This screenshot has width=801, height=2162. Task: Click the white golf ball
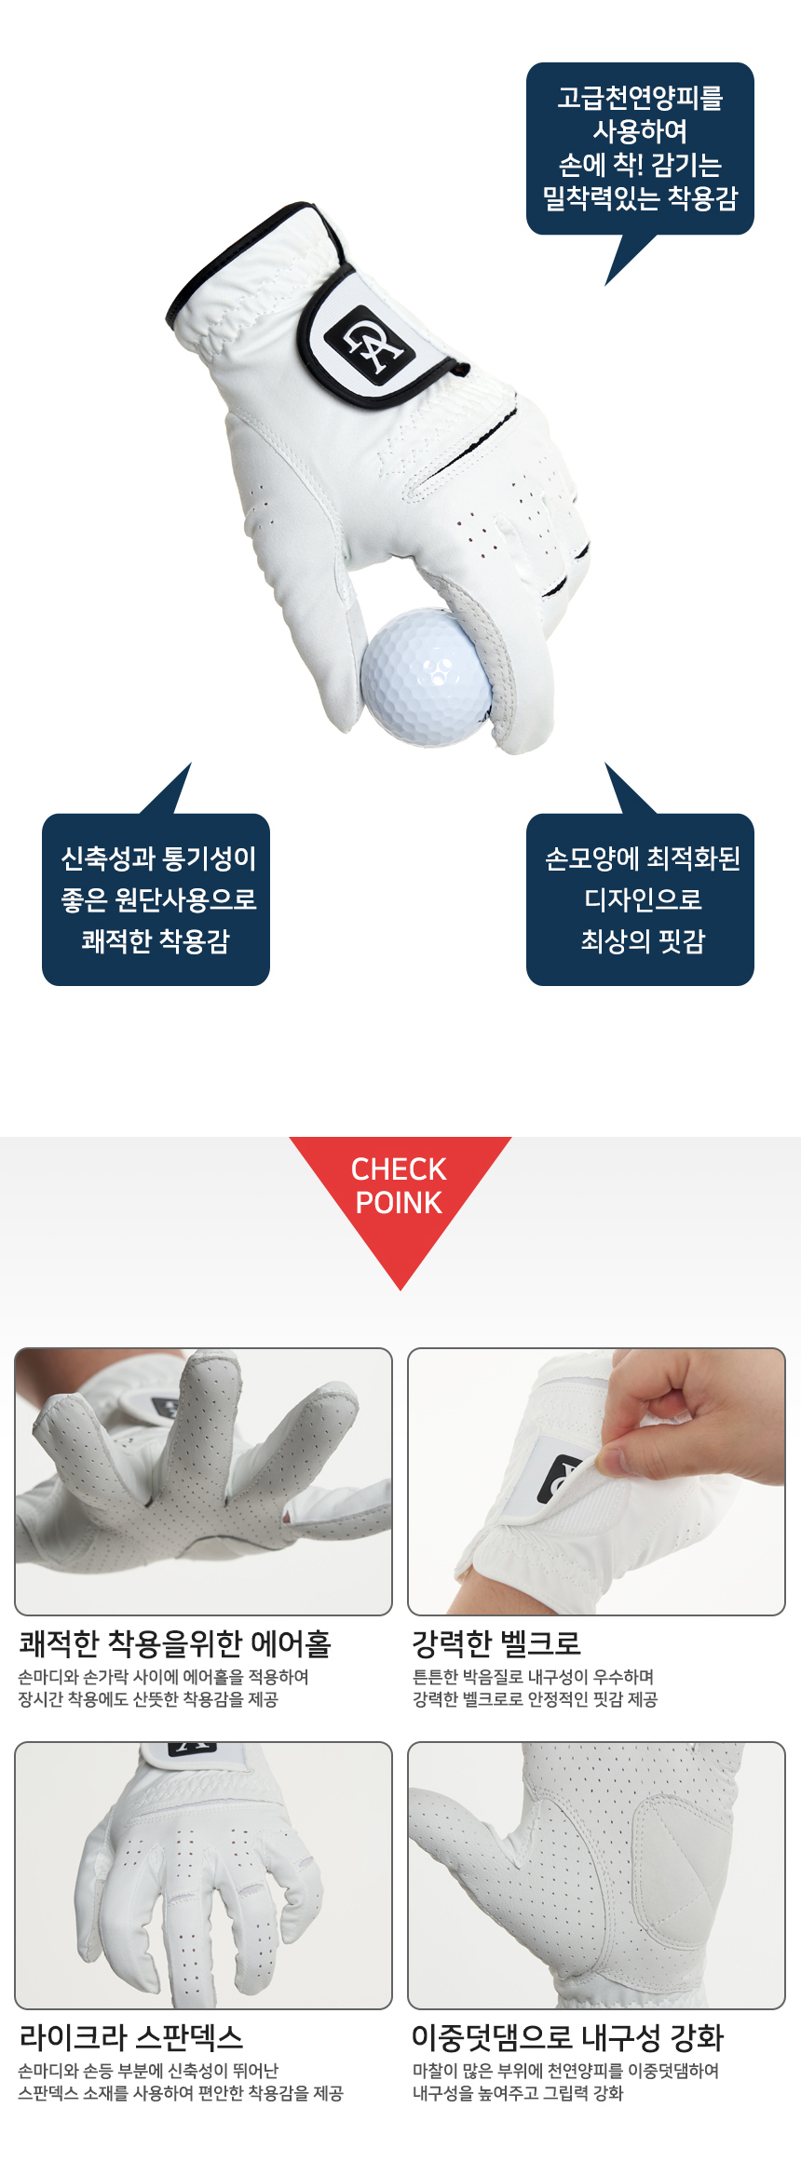coord(426,676)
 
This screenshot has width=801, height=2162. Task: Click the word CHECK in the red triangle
coord(399,1169)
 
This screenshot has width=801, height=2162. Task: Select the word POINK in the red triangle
coord(399,1202)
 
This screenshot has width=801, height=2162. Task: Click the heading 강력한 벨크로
coord(497,1642)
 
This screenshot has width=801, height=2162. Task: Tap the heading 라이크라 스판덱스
coord(131,2036)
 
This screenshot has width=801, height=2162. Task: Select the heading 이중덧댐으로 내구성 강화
coord(568,2036)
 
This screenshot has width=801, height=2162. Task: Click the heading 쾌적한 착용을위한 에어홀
coord(175,1642)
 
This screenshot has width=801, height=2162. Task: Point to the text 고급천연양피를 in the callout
coord(640,97)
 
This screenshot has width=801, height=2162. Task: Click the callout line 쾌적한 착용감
coord(156,940)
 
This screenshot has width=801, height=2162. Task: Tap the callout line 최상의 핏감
coord(643,940)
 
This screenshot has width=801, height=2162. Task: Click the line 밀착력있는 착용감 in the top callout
coord(640,197)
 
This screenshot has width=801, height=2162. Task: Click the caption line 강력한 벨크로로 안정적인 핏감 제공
coord(535,1699)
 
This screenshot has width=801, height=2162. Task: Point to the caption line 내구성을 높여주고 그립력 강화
coord(518,2093)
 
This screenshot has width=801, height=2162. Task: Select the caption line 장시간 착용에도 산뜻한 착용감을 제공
coord(148,1699)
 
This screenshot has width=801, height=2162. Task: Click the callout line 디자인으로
coord(643,899)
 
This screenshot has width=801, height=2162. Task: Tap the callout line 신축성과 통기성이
coord(158,858)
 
